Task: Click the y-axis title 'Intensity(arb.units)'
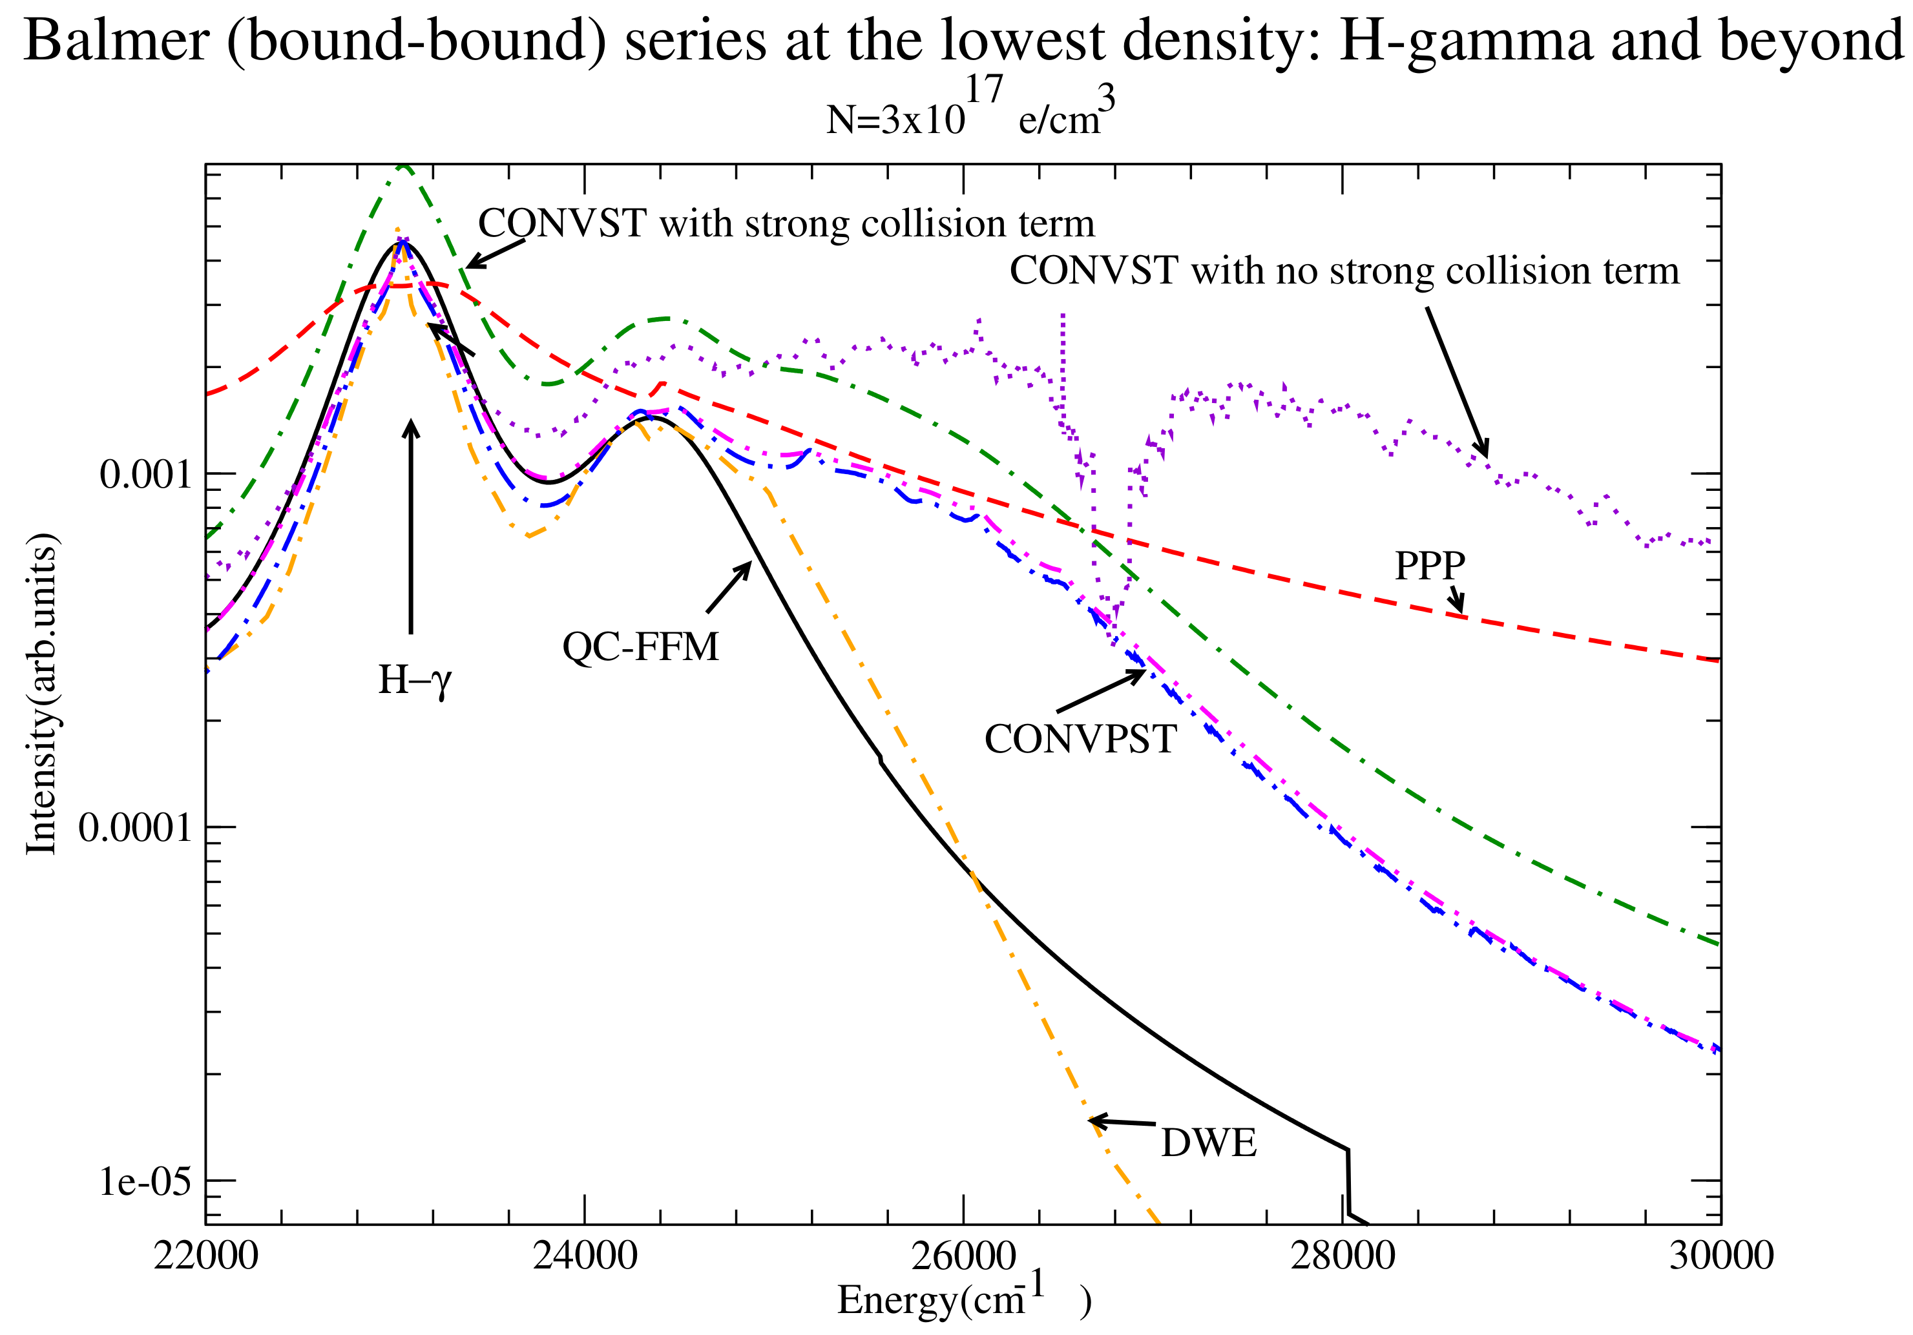[x=41, y=694]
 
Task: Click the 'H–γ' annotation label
[x=415, y=680]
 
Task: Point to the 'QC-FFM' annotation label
[x=640, y=647]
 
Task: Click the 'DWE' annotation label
[x=1209, y=1143]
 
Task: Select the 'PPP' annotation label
[x=1430, y=566]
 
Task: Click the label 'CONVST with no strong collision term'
[x=1344, y=271]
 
